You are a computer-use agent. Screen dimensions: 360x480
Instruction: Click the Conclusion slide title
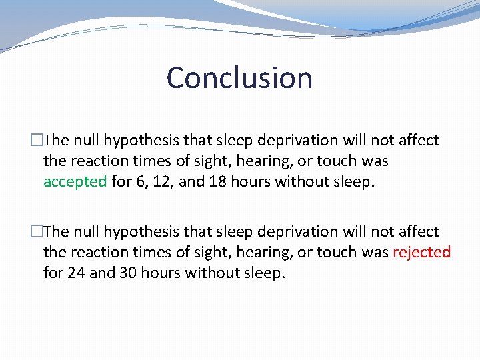239,77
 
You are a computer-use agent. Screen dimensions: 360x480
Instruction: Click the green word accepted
75,182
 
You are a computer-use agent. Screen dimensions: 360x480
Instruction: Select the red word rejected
421,252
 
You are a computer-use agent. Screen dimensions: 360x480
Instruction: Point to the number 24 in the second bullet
75,273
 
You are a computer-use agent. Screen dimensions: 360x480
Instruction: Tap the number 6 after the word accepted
139,182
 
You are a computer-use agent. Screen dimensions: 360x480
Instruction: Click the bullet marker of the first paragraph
37,140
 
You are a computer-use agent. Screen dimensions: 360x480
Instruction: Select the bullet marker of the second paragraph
37,231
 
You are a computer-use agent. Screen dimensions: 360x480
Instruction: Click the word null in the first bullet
87,140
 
